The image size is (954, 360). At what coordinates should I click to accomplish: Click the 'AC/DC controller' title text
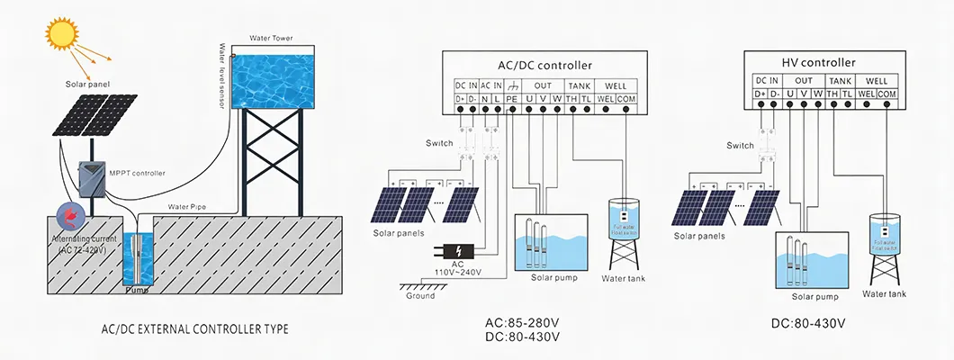[x=545, y=66]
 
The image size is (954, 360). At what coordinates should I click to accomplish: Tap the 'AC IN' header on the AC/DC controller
[x=490, y=85]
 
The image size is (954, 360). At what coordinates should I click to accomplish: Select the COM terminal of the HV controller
[x=886, y=94]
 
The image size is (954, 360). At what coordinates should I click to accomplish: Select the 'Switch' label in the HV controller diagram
[x=740, y=145]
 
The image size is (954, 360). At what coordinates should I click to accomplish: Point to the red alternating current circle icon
[x=69, y=216]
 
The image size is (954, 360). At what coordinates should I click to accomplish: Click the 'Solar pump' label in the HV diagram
[x=814, y=296]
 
